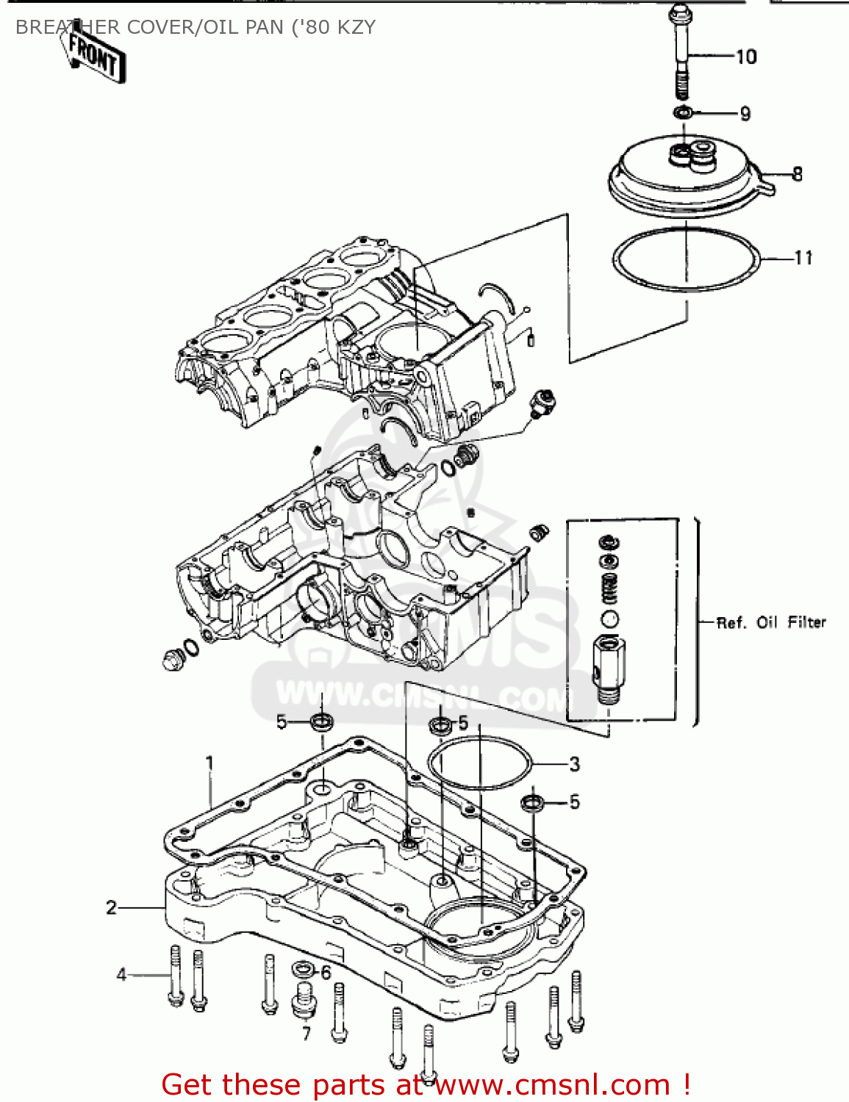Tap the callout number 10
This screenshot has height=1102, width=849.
pos(745,57)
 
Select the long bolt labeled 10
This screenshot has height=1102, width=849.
pos(679,51)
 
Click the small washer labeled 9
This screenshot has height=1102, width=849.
pos(683,112)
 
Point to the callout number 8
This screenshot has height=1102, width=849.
pos(797,174)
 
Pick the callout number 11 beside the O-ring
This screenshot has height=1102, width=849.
pos(803,258)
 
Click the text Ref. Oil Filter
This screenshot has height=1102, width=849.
pos(771,622)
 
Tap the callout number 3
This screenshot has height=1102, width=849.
pos(574,765)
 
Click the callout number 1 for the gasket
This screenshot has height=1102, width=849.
pos(209,763)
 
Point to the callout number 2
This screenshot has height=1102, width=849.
pos(111,907)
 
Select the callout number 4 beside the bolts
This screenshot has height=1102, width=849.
pos(121,974)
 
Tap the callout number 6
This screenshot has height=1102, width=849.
pos(326,973)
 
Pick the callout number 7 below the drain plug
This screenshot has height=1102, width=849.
pos(306,1034)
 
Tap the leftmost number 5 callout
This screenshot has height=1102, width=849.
pos(282,722)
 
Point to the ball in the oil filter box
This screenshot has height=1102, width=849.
pos(609,619)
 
